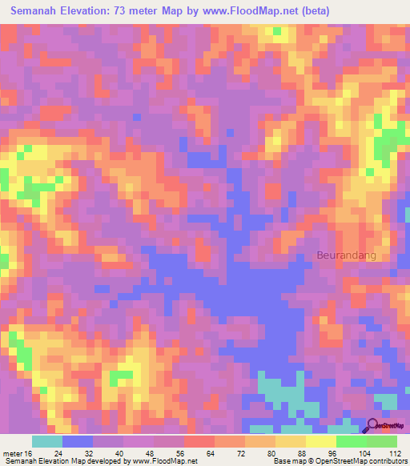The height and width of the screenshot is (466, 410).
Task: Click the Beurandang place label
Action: point(346,256)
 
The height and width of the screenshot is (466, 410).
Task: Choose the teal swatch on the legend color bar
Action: point(47,441)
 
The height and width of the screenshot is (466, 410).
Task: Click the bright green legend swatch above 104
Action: point(352,441)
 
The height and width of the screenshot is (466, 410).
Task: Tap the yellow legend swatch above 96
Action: point(321,441)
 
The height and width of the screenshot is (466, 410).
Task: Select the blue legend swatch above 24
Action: point(78,441)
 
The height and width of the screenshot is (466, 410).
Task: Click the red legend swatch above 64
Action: point(199,441)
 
